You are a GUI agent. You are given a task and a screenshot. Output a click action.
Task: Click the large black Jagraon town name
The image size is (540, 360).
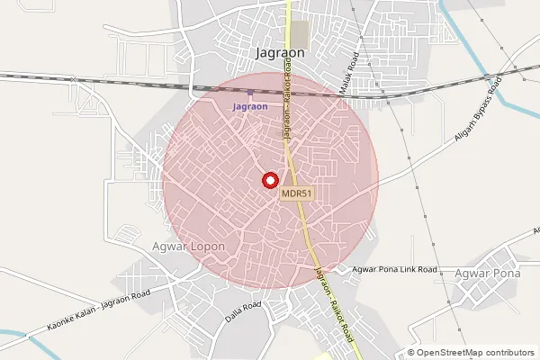point(280,53)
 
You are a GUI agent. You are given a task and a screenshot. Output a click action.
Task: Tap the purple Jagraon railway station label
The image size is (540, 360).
point(250,107)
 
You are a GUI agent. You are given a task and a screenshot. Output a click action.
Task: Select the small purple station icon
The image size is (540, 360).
point(250,94)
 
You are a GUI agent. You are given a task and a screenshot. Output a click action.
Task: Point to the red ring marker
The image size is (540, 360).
point(269,180)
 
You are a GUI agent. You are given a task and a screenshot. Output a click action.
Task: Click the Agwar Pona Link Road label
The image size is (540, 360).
point(394,269)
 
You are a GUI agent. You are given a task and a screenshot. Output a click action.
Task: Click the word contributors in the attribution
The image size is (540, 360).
point(507,352)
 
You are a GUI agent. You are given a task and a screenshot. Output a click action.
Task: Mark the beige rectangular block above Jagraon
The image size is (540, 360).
point(299,34)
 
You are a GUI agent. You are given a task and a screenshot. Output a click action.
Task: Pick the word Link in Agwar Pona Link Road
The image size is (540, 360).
point(403,269)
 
